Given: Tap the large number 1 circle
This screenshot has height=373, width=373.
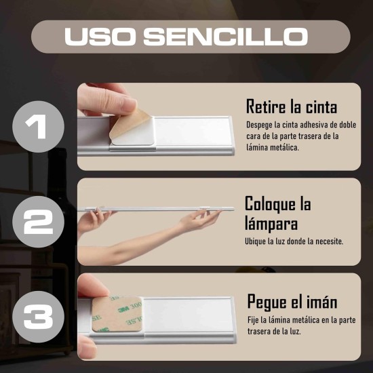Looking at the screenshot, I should click(x=39, y=127).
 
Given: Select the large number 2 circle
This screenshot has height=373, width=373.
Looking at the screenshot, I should click(x=39, y=222).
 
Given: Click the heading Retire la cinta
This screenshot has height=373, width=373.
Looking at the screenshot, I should click(x=292, y=106).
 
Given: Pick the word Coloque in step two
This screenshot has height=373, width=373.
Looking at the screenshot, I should click(x=271, y=203).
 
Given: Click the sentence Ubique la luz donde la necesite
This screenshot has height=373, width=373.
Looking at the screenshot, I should click(x=294, y=241).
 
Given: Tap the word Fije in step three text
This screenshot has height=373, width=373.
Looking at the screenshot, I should click(x=254, y=321).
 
